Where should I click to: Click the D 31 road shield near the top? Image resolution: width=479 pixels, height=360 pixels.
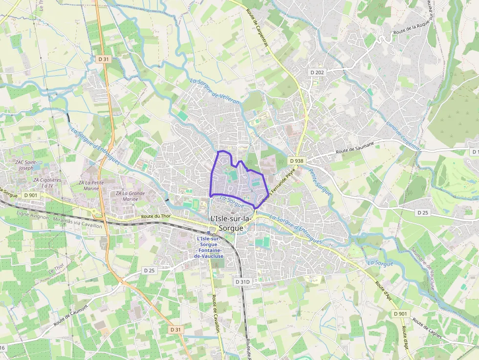pyautogui.click(x=103, y=59)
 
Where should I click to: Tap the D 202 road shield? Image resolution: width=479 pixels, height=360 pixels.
pyautogui.click(x=317, y=72)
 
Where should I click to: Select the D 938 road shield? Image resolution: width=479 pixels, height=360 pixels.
pyautogui.click(x=296, y=161)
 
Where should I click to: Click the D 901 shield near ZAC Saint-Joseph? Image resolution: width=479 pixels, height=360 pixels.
pyautogui.click(x=30, y=195)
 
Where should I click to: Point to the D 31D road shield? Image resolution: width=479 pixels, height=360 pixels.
pyautogui.click(x=242, y=282)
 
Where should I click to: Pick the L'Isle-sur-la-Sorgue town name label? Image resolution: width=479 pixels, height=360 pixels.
pyautogui.click(x=230, y=223)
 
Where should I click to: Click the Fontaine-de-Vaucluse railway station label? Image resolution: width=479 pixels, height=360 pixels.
pyautogui.click(x=209, y=247)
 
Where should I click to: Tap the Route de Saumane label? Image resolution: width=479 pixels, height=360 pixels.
pyautogui.click(x=355, y=148)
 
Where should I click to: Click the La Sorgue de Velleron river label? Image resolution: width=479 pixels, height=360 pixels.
pyautogui.click(x=215, y=91)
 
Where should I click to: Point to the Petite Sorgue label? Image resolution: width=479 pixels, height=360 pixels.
pyautogui.click(x=320, y=182)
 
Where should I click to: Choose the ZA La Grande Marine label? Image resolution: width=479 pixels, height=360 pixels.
pyautogui.click(x=131, y=196)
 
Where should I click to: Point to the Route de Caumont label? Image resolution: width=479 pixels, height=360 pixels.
pyautogui.click(x=70, y=316)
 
